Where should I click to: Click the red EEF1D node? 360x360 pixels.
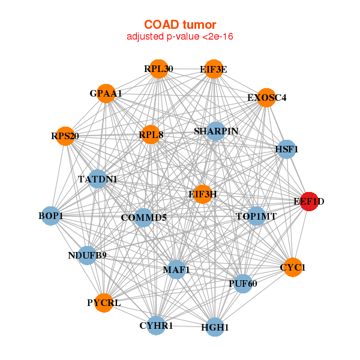click(x=309, y=202)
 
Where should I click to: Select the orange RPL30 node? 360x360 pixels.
click(x=158, y=69)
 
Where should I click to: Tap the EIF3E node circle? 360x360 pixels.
click(x=214, y=69)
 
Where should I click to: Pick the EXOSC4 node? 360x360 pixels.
click(x=266, y=98)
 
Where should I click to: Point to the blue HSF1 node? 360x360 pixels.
click(x=286, y=149)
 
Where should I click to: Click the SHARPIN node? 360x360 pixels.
click(x=215, y=131)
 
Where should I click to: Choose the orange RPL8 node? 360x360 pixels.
click(x=151, y=134)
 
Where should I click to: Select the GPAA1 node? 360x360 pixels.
click(x=106, y=94)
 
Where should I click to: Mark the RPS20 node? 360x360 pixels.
click(x=65, y=136)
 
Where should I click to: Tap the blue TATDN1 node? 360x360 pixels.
click(x=98, y=179)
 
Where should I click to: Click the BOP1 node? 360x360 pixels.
click(x=51, y=216)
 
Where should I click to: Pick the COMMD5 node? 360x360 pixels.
click(x=143, y=218)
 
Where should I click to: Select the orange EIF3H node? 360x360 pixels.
click(x=203, y=194)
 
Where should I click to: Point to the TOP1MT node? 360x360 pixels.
click(x=256, y=216)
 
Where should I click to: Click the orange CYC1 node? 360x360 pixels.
click(x=293, y=267)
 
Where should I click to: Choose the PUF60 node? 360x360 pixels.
click(x=243, y=284)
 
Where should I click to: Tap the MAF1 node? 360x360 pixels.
click(x=176, y=269)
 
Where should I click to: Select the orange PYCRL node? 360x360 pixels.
click(x=104, y=303)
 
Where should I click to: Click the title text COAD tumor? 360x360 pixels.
click(x=180, y=25)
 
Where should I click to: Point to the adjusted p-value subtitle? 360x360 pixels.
click(x=180, y=37)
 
